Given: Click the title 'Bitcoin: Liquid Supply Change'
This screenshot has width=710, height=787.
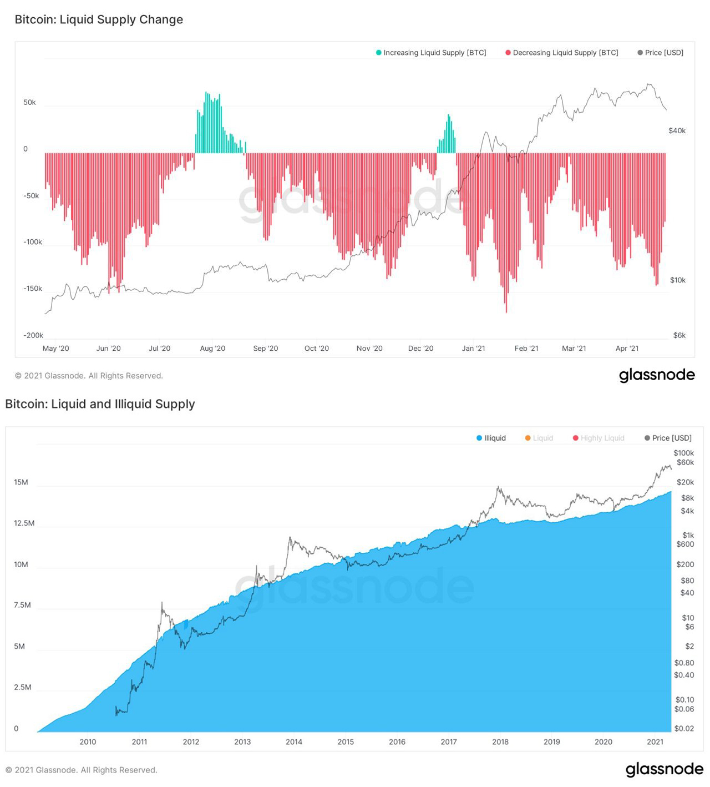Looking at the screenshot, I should pyautogui.click(x=99, y=19).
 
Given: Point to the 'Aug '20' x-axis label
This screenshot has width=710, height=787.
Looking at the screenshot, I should pyautogui.click(x=212, y=349).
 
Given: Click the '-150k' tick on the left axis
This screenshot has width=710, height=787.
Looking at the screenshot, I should pyautogui.click(x=33, y=289).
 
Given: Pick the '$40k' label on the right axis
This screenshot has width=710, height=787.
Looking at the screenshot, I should pyautogui.click(x=677, y=131).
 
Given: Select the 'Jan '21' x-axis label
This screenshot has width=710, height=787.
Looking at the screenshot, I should pyautogui.click(x=473, y=349).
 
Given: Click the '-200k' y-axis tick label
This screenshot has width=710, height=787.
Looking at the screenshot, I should pyautogui.click(x=33, y=335).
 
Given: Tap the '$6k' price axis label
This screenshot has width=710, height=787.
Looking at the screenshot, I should pyautogui.click(x=679, y=335).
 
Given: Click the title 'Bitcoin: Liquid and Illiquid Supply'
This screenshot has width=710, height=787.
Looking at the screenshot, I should pyautogui.click(x=100, y=404).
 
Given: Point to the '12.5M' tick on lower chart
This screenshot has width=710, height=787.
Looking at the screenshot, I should pyautogui.click(x=24, y=523).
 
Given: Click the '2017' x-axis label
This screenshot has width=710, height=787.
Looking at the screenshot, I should pyautogui.click(x=448, y=741).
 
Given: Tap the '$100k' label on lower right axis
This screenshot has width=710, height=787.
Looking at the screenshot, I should pyautogui.click(x=683, y=453).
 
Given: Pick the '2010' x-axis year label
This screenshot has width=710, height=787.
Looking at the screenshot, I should pyautogui.click(x=88, y=741).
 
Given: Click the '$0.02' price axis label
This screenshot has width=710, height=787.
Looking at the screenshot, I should pyautogui.click(x=684, y=728).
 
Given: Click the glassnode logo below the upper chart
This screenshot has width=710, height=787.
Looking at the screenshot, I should pyautogui.click(x=657, y=375).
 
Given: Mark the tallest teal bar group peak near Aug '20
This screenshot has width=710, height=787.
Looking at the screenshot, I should pyautogui.click(x=206, y=93).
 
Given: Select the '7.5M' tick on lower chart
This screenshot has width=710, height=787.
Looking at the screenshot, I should pyautogui.click(x=22, y=605).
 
